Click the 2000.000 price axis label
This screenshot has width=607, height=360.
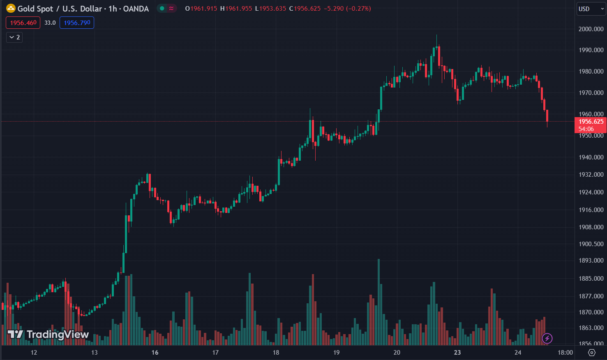(x=591, y=29)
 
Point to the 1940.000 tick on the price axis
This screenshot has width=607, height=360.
(x=591, y=157)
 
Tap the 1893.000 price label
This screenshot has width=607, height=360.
(x=591, y=261)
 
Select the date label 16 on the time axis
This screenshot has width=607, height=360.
(x=155, y=353)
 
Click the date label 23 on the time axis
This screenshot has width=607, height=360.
(x=457, y=353)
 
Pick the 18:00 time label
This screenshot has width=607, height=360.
(x=565, y=353)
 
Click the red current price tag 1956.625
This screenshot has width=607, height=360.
(x=591, y=122)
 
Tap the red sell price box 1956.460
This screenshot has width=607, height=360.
(x=23, y=23)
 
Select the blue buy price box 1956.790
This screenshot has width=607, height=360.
(x=77, y=23)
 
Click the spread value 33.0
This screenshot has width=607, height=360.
(x=50, y=23)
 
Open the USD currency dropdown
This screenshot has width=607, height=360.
(x=591, y=9)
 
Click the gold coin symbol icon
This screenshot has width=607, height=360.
(x=11, y=8)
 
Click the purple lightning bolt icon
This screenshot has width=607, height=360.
(x=547, y=338)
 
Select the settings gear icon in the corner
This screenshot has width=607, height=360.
(x=592, y=353)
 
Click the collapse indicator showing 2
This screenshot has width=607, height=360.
(x=14, y=37)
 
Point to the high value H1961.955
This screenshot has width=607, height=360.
(x=236, y=9)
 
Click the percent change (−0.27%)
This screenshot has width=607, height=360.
(x=358, y=9)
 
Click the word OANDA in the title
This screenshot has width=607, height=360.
(x=136, y=9)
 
